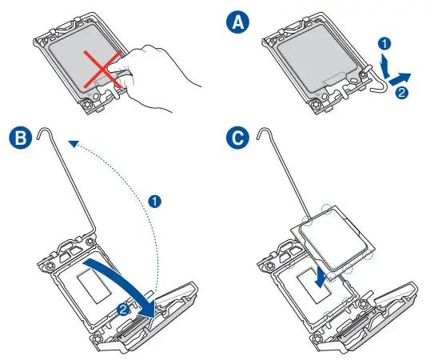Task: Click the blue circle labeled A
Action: click(x=237, y=22)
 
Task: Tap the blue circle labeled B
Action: click(x=20, y=137)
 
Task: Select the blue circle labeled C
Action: click(x=237, y=137)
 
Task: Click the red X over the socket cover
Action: click(x=102, y=70)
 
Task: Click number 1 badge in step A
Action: click(x=384, y=43)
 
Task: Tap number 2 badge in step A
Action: click(x=401, y=93)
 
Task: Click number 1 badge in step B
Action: click(x=154, y=202)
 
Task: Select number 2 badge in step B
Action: click(x=123, y=309)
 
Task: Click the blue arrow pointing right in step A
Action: click(x=400, y=78)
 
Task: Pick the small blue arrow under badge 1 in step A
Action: click(x=384, y=66)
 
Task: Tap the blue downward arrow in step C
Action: click(x=321, y=278)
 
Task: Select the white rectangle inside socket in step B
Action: click(x=94, y=286)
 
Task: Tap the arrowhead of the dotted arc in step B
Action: click(x=73, y=143)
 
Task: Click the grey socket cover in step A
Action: click(x=317, y=58)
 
